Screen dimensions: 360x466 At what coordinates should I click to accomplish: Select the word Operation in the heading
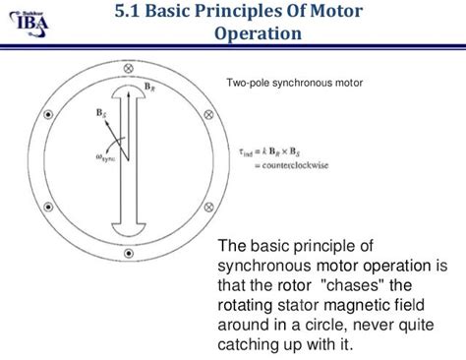tap(258, 35)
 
